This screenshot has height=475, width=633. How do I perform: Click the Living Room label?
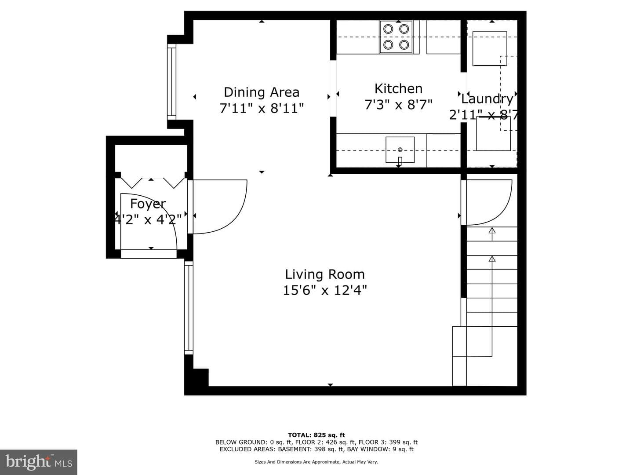(325, 274)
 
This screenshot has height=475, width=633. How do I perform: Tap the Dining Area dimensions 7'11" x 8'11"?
(262, 109)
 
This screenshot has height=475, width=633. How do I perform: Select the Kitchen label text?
(399, 88)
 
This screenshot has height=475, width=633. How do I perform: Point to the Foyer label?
(148, 204)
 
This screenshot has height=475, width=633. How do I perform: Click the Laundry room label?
(487, 99)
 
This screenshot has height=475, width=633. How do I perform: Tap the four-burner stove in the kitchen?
(396, 37)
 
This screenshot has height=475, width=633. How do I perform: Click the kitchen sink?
(400, 150)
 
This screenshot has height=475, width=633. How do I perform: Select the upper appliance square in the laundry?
(490, 48)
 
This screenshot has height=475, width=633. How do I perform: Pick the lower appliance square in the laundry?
(493, 134)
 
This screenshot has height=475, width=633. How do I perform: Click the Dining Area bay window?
(171, 82)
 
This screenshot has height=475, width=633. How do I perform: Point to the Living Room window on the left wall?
(189, 308)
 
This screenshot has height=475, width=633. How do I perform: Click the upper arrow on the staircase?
(492, 234)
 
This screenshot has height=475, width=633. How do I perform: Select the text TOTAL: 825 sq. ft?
(316, 435)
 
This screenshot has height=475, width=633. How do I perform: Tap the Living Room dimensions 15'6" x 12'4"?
(325, 290)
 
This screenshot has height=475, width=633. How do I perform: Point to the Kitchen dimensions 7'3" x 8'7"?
(399, 105)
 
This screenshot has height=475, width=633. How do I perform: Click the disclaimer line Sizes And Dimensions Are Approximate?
(316, 462)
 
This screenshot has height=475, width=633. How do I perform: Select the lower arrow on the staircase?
(492, 263)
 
